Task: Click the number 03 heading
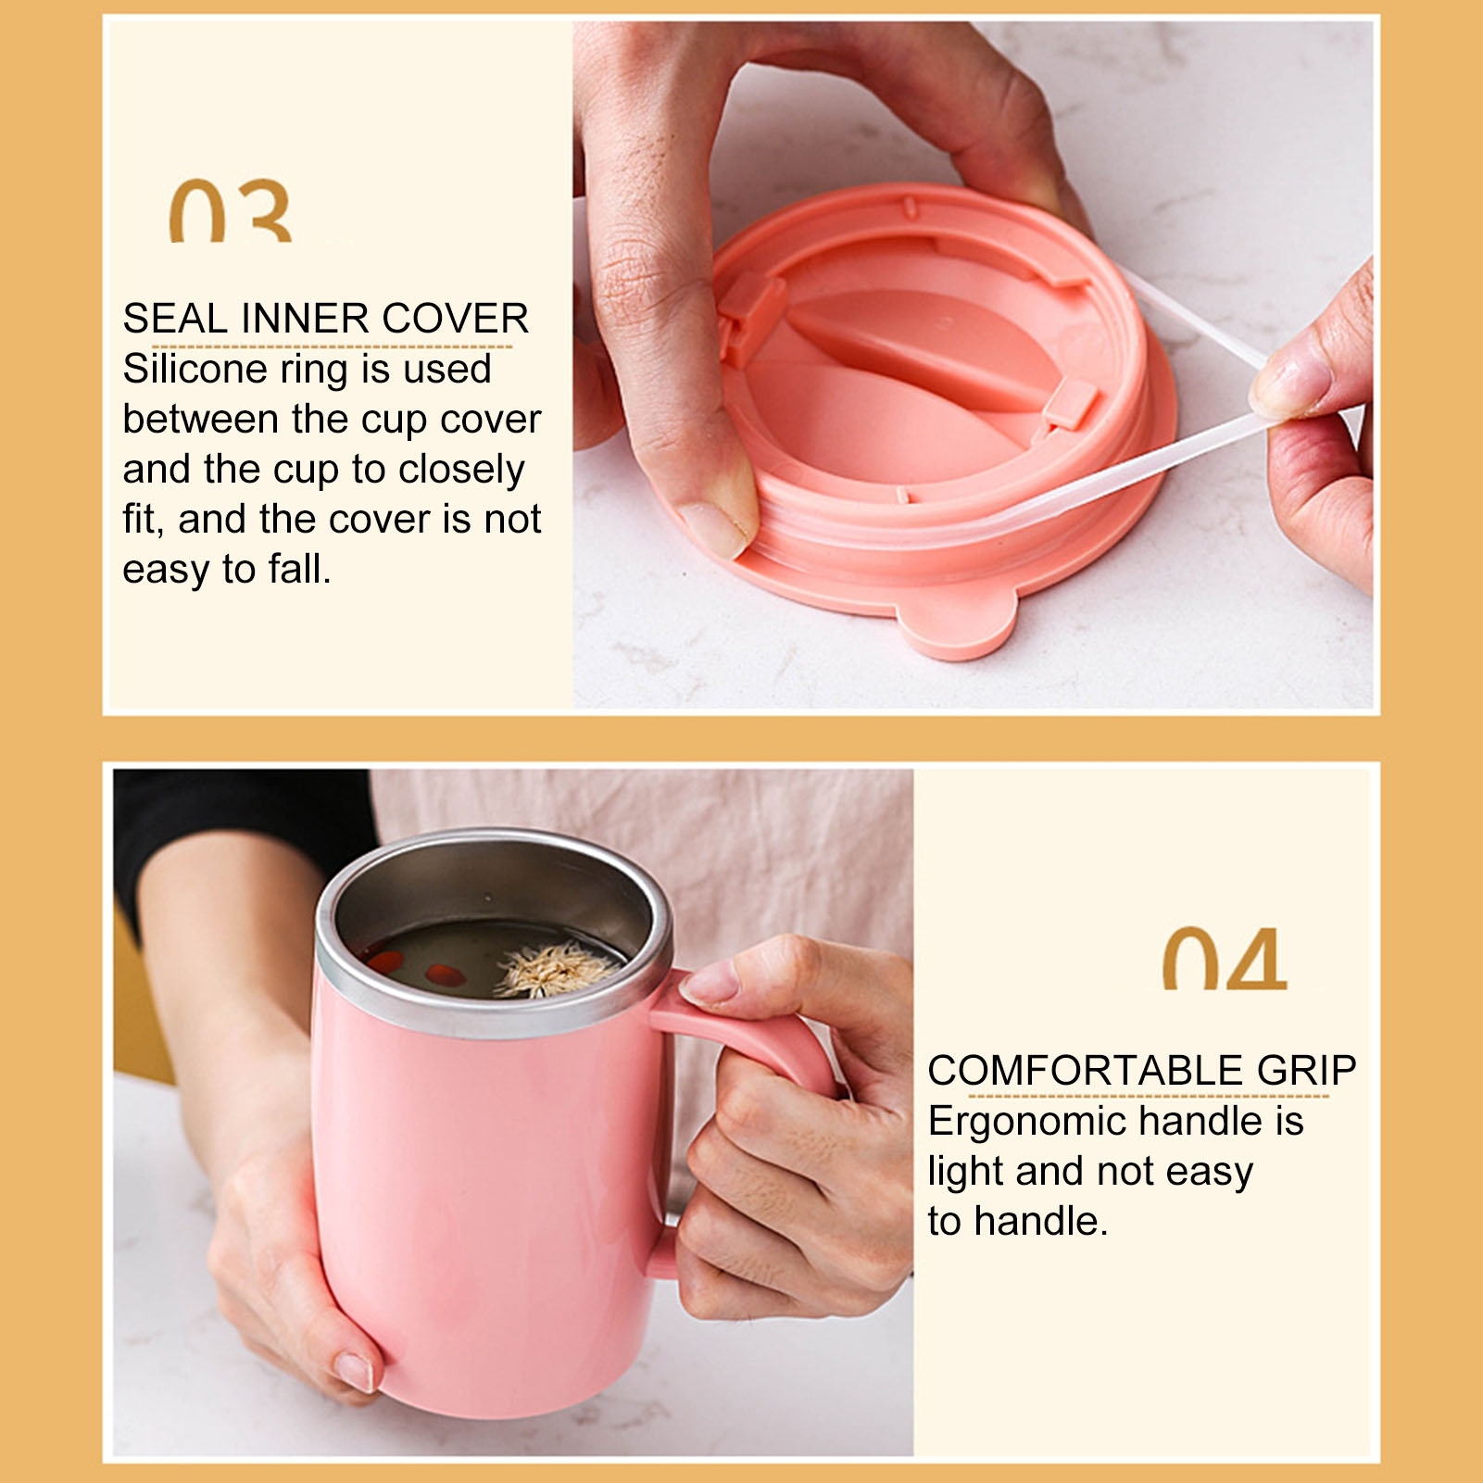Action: [231, 211]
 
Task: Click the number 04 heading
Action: [1225, 959]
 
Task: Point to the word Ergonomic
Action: [1018, 1123]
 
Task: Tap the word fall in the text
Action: [299, 569]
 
